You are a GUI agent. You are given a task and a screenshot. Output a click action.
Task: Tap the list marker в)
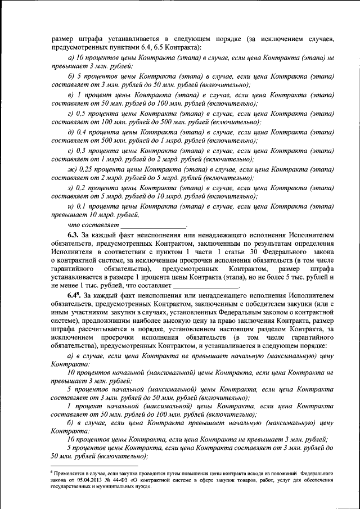[x=70, y=96]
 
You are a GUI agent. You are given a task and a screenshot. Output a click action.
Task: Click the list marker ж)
[x=71, y=168]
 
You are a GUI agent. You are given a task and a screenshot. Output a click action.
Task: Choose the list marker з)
[x=70, y=187]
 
